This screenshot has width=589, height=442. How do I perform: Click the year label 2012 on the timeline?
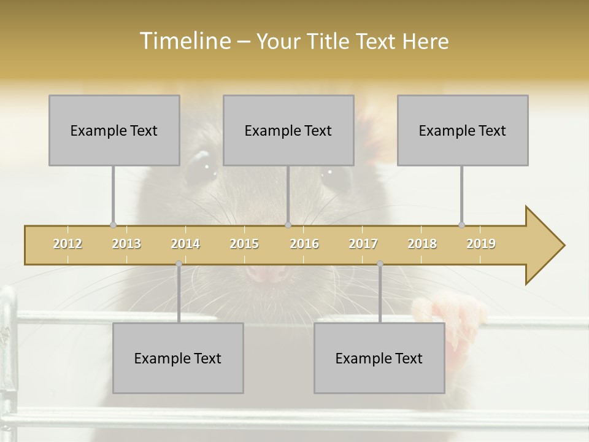point(67,244)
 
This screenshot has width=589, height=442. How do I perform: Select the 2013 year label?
point(126,244)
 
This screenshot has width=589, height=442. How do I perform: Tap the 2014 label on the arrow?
point(185,244)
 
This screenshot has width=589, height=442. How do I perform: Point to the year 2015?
point(244,244)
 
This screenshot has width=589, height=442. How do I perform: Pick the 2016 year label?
point(304,244)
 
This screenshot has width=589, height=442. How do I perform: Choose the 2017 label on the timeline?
point(363,244)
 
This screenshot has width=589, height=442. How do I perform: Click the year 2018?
point(422,244)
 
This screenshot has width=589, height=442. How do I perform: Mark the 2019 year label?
point(481,244)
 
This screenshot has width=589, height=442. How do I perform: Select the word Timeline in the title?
point(184,41)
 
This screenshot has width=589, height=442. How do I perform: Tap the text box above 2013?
point(114,130)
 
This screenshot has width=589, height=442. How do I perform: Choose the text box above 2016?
point(288,130)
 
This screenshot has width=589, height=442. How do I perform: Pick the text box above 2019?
point(463,130)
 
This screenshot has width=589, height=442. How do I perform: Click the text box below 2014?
point(178,358)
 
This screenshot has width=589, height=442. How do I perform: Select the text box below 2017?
point(379,358)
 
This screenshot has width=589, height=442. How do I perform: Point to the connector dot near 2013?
point(113,225)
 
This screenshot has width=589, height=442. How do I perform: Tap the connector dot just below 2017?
point(380,263)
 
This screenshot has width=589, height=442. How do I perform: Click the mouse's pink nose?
point(268,274)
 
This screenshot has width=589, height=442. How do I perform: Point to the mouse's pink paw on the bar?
point(451,319)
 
